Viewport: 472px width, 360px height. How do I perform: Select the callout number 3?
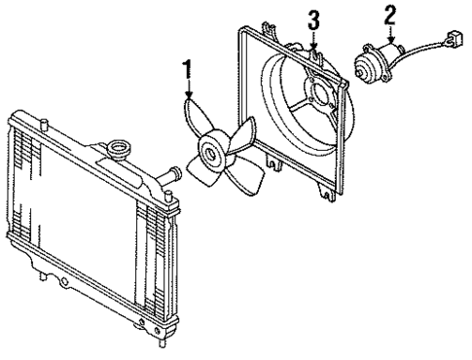coord(313,20)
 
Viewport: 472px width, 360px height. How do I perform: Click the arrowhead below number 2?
coord(391,36)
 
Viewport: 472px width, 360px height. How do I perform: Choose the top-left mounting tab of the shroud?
coord(242,35)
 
